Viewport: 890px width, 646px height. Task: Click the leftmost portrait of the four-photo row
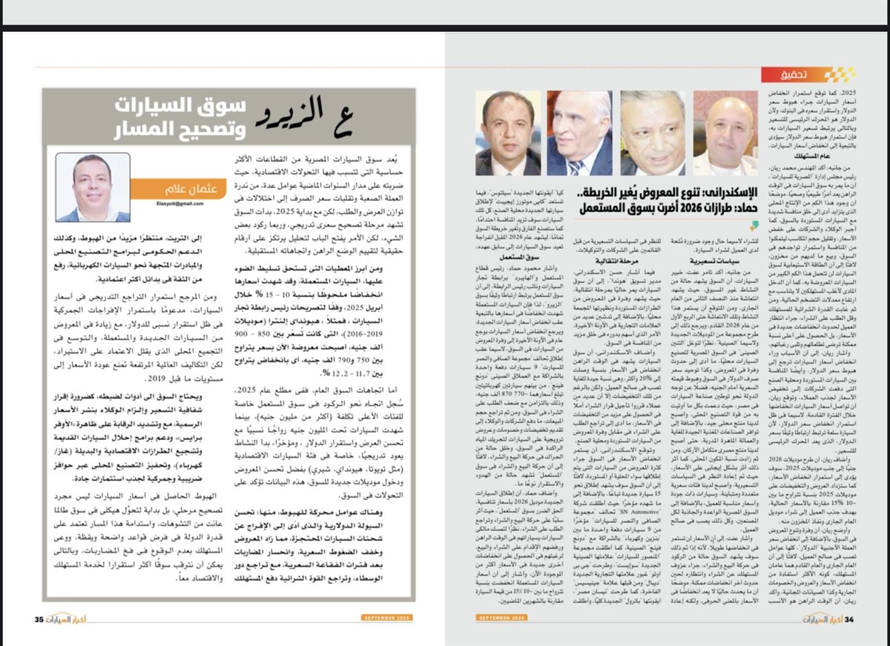click(x=508, y=133)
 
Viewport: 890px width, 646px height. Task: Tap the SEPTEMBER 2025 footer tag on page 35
click(x=392, y=618)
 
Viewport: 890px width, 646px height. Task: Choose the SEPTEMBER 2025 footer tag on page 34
click(x=502, y=618)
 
